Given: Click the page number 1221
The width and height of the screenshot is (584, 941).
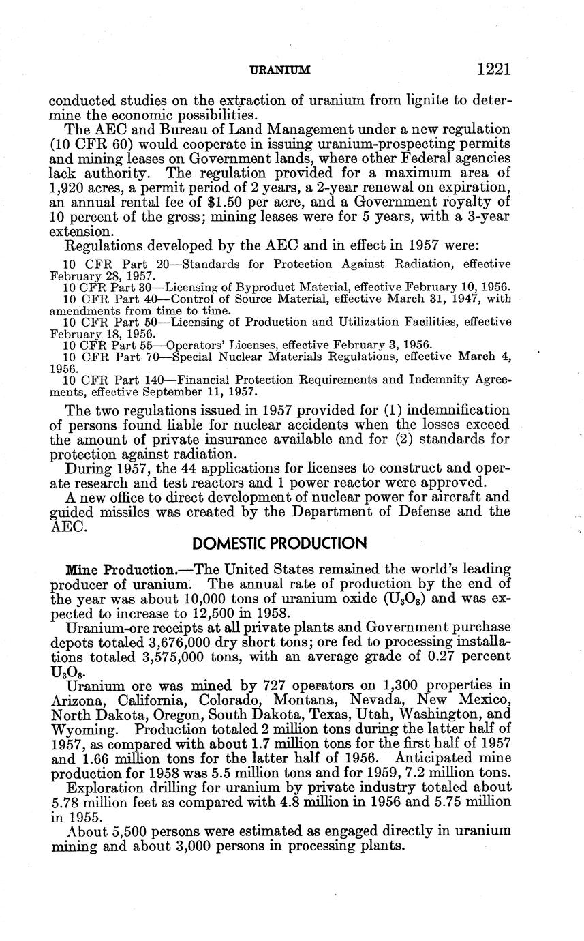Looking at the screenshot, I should coord(494,69).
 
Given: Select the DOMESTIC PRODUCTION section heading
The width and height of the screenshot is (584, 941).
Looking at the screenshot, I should coord(280,543).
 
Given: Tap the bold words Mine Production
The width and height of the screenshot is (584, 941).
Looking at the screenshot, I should coord(120,569).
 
